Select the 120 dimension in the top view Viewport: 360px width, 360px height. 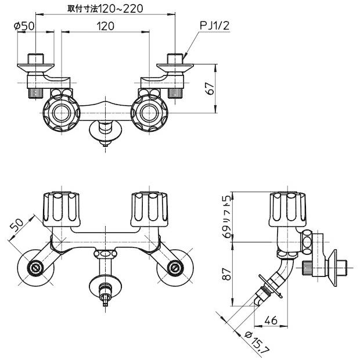pyautogui.click(x=105, y=26)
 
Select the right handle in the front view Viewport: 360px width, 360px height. pyautogui.click(x=149, y=207)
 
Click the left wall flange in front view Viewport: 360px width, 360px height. pyautogui.click(x=37, y=268)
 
